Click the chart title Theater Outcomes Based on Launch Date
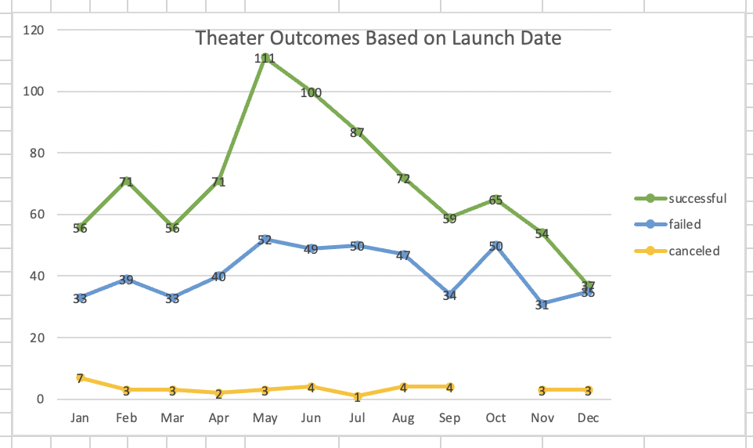[x=378, y=38]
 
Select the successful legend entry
[x=697, y=198]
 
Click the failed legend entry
[x=684, y=225]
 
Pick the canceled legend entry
[x=694, y=251]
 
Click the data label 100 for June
[x=311, y=92]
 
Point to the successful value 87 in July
[x=357, y=132]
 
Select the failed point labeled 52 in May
[x=265, y=240]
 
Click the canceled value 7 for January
[x=80, y=378]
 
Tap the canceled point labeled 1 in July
[x=357, y=397]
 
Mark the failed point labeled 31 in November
[x=542, y=305]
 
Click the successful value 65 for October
[x=495, y=200]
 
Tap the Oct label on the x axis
[x=495, y=418]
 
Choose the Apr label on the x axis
[x=218, y=418]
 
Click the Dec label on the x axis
[x=588, y=418]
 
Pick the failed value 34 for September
[x=449, y=295]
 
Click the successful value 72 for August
[x=403, y=179]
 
